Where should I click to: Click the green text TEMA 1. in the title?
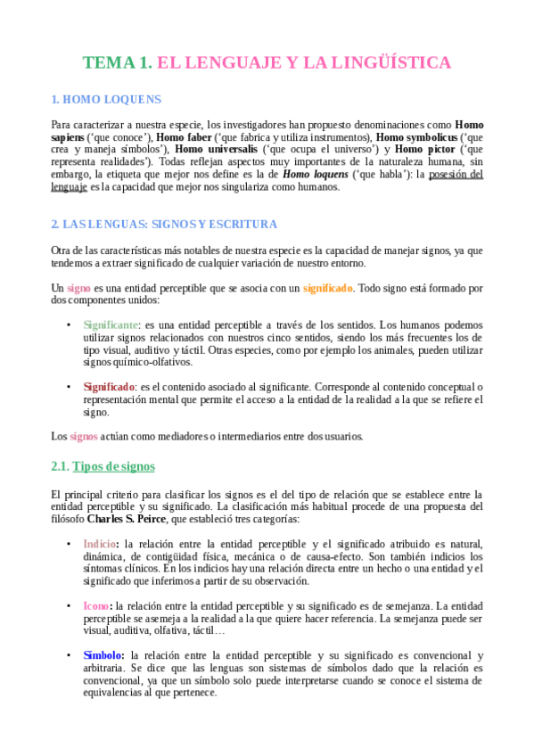tap(117, 62)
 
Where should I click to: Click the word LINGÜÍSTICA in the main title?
tap(392, 62)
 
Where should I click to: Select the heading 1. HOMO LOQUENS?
tap(106, 100)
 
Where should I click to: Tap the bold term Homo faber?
tap(183, 137)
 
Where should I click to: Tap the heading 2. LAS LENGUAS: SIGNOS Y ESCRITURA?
tap(164, 224)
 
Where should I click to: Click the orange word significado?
tap(327, 288)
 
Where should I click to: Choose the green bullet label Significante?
tap(111, 325)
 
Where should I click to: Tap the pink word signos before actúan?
tap(84, 436)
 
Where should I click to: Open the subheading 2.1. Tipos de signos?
tap(103, 466)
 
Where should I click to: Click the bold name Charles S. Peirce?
tap(127, 519)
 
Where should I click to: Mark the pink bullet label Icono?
tap(97, 605)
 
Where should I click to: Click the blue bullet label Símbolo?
tap(103, 654)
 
